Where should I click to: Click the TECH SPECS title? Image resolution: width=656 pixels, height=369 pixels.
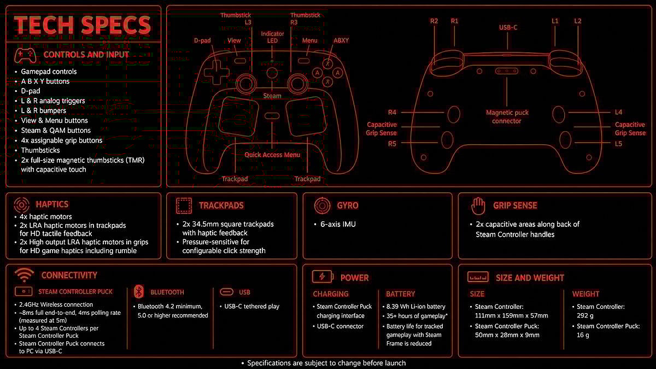[83, 25]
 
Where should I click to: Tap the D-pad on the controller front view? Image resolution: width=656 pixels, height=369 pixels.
[217, 72]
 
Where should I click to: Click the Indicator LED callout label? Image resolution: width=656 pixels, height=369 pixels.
[272, 37]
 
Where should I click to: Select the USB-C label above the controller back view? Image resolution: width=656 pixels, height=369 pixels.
[508, 27]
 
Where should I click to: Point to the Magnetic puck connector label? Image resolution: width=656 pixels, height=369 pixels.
[507, 117]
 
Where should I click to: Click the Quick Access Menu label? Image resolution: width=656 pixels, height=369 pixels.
[272, 155]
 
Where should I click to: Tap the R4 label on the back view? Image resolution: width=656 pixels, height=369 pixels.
[392, 112]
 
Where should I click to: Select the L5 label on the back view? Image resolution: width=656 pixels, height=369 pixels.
[618, 144]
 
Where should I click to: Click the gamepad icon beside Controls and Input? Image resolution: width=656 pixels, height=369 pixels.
[25, 55]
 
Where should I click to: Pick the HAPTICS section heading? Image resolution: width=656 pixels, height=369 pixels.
[52, 204]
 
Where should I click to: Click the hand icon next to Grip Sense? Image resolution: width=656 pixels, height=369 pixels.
[478, 206]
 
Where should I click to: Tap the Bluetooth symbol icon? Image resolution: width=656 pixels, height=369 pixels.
[139, 292]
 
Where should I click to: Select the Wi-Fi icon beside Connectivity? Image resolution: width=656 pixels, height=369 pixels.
[24, 275]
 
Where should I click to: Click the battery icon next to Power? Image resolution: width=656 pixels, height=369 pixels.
[323, 277]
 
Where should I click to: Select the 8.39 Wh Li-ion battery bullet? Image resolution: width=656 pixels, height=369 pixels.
[415, 307]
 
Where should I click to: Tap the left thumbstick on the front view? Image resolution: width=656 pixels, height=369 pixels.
[247, 83]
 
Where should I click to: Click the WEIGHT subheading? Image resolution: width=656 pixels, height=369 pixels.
[585, 294]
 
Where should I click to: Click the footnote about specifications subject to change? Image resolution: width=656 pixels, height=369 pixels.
[326, 363]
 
